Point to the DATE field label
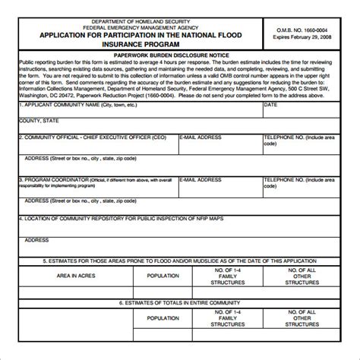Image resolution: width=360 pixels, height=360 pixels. [270, 106]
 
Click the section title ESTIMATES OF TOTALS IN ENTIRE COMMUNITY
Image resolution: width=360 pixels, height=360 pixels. [180, 302]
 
